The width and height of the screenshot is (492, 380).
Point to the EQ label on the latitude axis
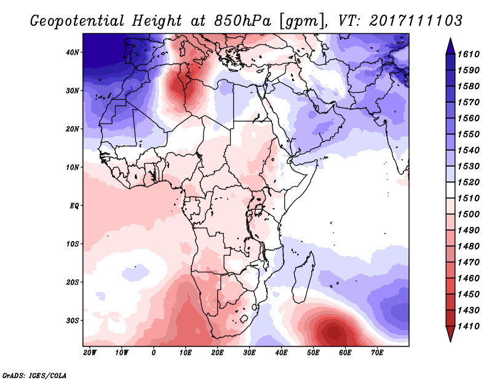[74, 205]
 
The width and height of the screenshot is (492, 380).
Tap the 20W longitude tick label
[90, 353]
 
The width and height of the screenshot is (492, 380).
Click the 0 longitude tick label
[154, 353]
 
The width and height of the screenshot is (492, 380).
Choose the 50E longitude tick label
[313, 353]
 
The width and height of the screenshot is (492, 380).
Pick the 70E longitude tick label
[377, 353]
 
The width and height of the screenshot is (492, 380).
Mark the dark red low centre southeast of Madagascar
[333, 333]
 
